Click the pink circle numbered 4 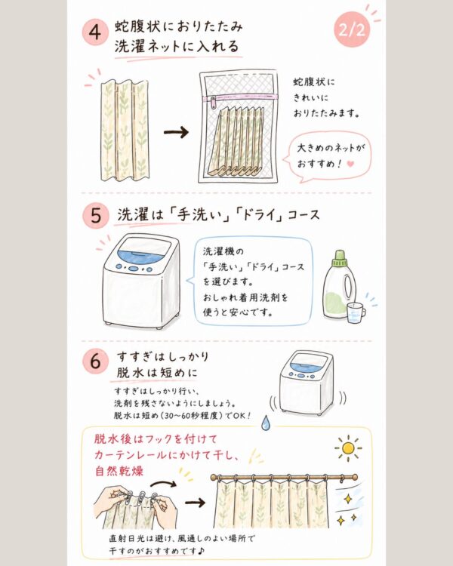[x=95, y=32]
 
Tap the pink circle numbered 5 [x=95, y=216]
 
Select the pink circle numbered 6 [x=95, y=361]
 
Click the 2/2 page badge [x=352, y=29]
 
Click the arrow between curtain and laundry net [x=176, y=132]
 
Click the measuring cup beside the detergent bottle [x=356, y=312]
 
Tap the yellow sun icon [x=348, y=448]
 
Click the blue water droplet [x=266, y=423]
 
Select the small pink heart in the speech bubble [x=350, y=164]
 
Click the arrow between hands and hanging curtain [x=195, y=502]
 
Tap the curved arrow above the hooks [x=163, y=483]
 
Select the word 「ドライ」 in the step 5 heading [x=258, y=215]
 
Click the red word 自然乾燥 [x=119, y=471]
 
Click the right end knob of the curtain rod [x=354, y=477]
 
